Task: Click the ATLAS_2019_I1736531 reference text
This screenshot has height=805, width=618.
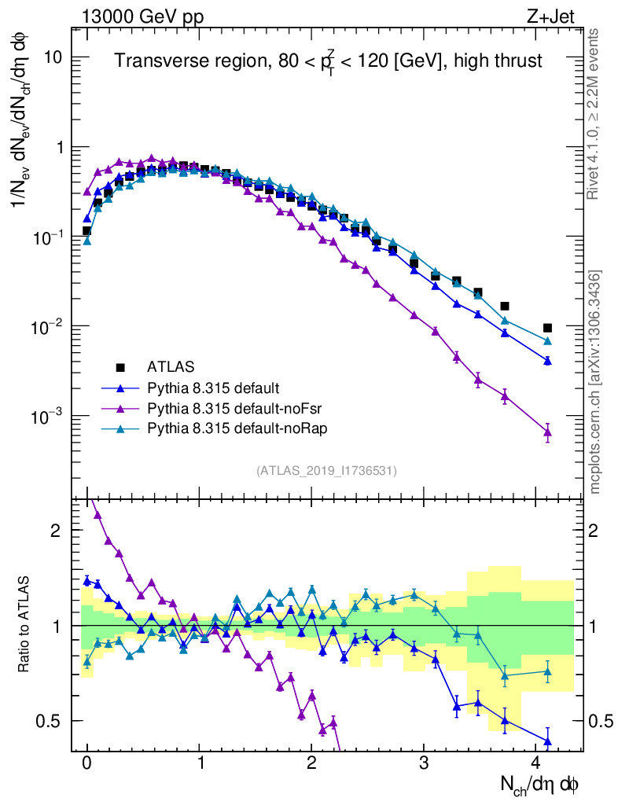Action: (x=326, y=471)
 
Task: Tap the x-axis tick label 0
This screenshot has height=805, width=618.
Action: (x=87, y=763)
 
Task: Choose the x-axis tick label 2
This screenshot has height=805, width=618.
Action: (x=311, y=763)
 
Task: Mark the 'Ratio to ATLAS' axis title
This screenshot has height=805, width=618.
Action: (x=26, y=625)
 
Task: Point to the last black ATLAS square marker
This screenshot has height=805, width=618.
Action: (x=547, y=328)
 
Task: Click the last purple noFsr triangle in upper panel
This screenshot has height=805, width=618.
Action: (x=547, y=432)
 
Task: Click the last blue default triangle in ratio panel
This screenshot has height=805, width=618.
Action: (x=547, y=741)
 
